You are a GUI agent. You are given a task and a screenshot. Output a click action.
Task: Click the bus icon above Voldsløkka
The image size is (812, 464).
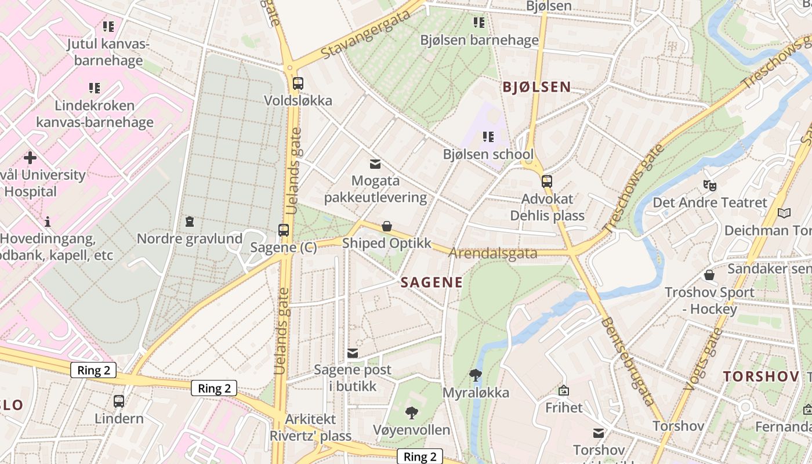(298, 84)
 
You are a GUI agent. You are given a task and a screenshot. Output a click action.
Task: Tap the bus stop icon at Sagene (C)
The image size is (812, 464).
(284, 230)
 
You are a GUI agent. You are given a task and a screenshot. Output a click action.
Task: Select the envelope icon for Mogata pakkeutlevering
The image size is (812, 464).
(375, 164)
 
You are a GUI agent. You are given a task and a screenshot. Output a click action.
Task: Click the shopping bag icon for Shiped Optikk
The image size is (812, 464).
(387, 226)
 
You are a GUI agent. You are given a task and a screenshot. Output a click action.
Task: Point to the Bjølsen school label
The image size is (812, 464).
(488, 154)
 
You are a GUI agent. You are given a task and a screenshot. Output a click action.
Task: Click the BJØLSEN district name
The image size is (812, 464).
(536, 88)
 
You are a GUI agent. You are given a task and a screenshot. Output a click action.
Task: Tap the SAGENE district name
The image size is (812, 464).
(432, 282)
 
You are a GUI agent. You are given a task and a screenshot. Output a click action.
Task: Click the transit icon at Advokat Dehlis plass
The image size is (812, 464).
(546, 182)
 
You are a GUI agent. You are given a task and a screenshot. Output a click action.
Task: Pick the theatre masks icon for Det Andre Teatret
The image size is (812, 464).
(709, 186)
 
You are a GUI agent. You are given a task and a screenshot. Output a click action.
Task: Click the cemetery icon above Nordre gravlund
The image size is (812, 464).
(189, 222)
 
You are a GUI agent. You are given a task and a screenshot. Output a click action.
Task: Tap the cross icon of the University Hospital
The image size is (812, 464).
(30, 158)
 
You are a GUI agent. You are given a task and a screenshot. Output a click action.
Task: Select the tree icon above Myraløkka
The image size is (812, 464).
(476, 375)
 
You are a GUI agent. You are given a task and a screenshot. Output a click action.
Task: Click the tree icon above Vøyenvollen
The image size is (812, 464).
(412, 413)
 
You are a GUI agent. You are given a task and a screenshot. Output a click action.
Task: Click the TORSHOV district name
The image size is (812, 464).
(761, 376)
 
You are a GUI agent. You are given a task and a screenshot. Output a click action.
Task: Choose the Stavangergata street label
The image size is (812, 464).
(365, 34)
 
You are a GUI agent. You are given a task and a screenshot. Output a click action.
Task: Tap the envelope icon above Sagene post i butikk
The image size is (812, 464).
(352, 353)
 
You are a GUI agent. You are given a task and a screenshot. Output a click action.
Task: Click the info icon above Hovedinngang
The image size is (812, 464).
(48, 222)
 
